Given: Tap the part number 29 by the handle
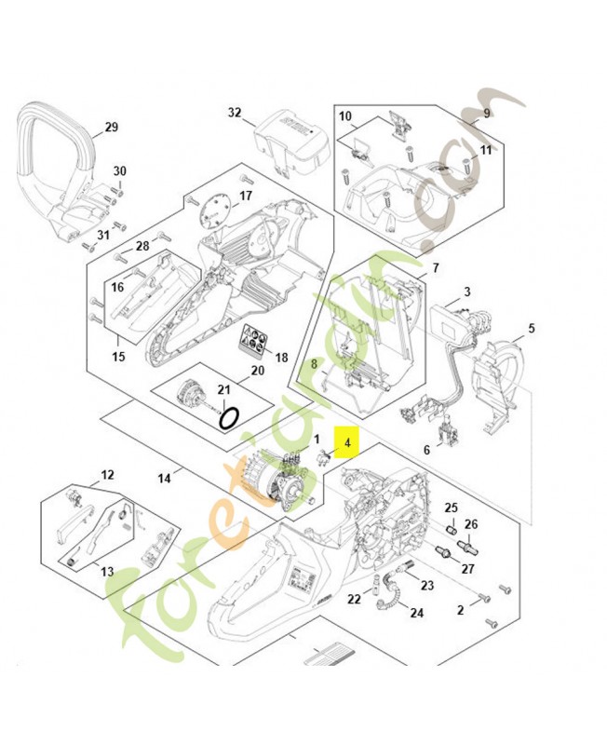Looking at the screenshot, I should point(111,127).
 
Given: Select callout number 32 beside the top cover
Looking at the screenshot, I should point(235,113).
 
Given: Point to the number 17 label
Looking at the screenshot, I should point(246,196).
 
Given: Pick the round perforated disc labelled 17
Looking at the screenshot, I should point(217,210).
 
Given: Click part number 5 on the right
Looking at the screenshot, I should point(532,328).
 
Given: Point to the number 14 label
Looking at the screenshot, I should point(164,479).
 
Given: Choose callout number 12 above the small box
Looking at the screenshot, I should point(107,475).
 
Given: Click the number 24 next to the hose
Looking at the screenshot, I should point(416,613).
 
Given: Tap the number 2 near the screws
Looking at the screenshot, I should point(460,611).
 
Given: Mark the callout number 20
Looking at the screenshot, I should point(257,371).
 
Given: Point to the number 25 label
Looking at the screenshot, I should point(450,508).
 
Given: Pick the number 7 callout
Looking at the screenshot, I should point(435,267).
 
